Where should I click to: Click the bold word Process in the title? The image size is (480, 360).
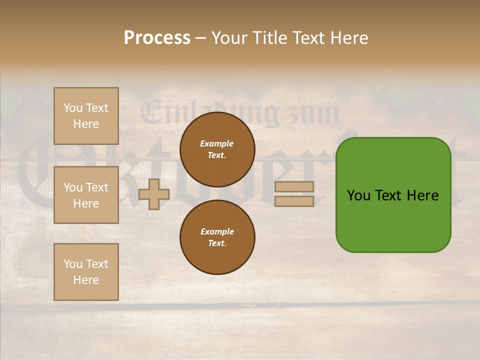157,38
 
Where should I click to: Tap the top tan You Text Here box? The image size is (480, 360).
86,116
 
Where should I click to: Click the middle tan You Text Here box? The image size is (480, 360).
86,195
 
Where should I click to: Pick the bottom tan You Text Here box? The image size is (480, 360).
86,272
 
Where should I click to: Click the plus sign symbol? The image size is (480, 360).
154,194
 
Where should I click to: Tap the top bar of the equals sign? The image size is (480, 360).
294,186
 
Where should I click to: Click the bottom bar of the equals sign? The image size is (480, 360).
294,201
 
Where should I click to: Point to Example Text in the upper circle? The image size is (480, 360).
217,149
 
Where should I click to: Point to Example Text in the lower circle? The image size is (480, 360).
217,237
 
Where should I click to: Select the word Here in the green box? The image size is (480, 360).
423,195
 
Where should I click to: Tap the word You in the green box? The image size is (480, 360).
359,195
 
